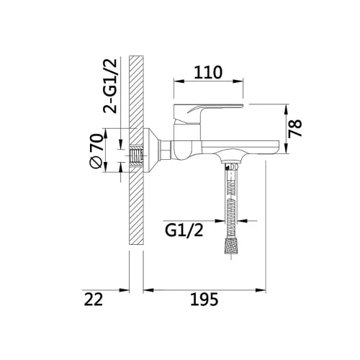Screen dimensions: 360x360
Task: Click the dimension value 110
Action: point(208,72)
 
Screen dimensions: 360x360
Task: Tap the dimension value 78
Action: point(295,128)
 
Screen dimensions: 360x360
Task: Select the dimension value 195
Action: point(204,299)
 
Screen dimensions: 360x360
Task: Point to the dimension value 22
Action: point(94,299)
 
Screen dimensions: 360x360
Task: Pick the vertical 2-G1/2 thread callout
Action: point(110,86)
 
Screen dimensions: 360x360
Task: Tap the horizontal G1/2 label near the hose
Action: point(184,230)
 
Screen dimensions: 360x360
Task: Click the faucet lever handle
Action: point(207,113)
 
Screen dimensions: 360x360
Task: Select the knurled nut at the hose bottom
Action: point(231,246)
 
